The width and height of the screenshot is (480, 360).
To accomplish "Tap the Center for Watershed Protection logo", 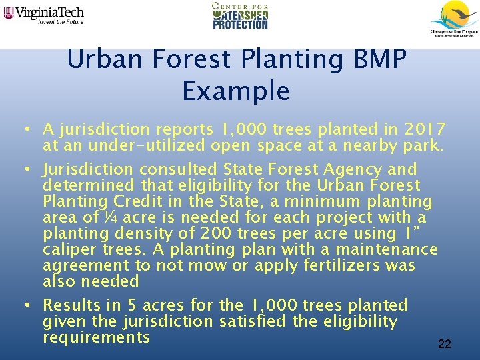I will pos(240,16).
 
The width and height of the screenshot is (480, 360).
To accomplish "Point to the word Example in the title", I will pos(236,91).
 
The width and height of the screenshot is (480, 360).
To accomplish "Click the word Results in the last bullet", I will pos(71,305).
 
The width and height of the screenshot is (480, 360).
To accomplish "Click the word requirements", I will pos(97,337).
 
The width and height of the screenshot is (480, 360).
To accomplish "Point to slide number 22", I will pos(445,344).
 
